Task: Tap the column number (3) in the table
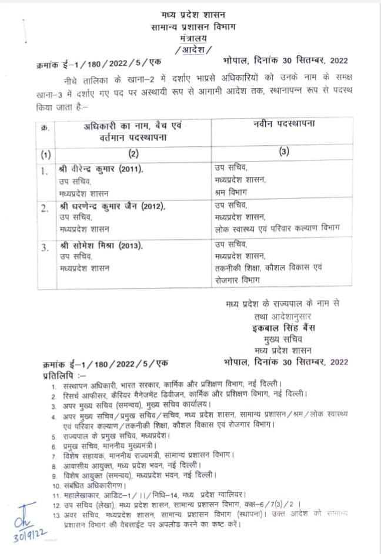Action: [284, 152]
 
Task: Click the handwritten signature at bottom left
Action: [25, 516]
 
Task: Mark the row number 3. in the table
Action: [45, 248]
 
